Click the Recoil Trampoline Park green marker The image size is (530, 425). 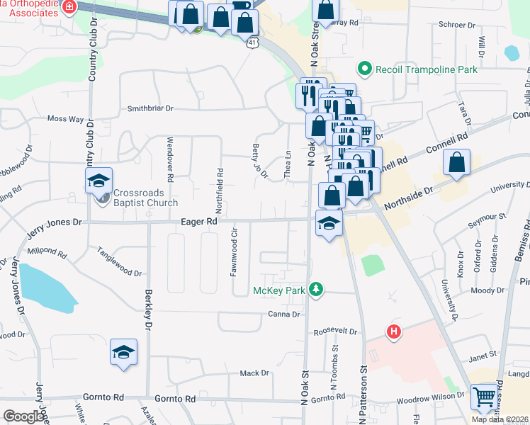[x=365, y=69]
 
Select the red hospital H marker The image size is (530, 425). [x=393, y=331]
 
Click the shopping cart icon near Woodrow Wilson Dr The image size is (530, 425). [x=484, y=397]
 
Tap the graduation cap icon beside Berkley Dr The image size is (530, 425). [x=123, y=352]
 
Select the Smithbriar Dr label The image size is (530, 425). [x=150, y=108]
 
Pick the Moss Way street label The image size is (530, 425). [x=65, y=120]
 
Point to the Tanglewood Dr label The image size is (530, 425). [x=119, y=262]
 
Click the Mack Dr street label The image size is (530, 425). [x=254, y=373]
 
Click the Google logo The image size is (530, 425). [x=24, y=416]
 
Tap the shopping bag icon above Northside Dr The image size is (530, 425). [x=458, y=162]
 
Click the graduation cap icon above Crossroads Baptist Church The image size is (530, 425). [x=99, y=181]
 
